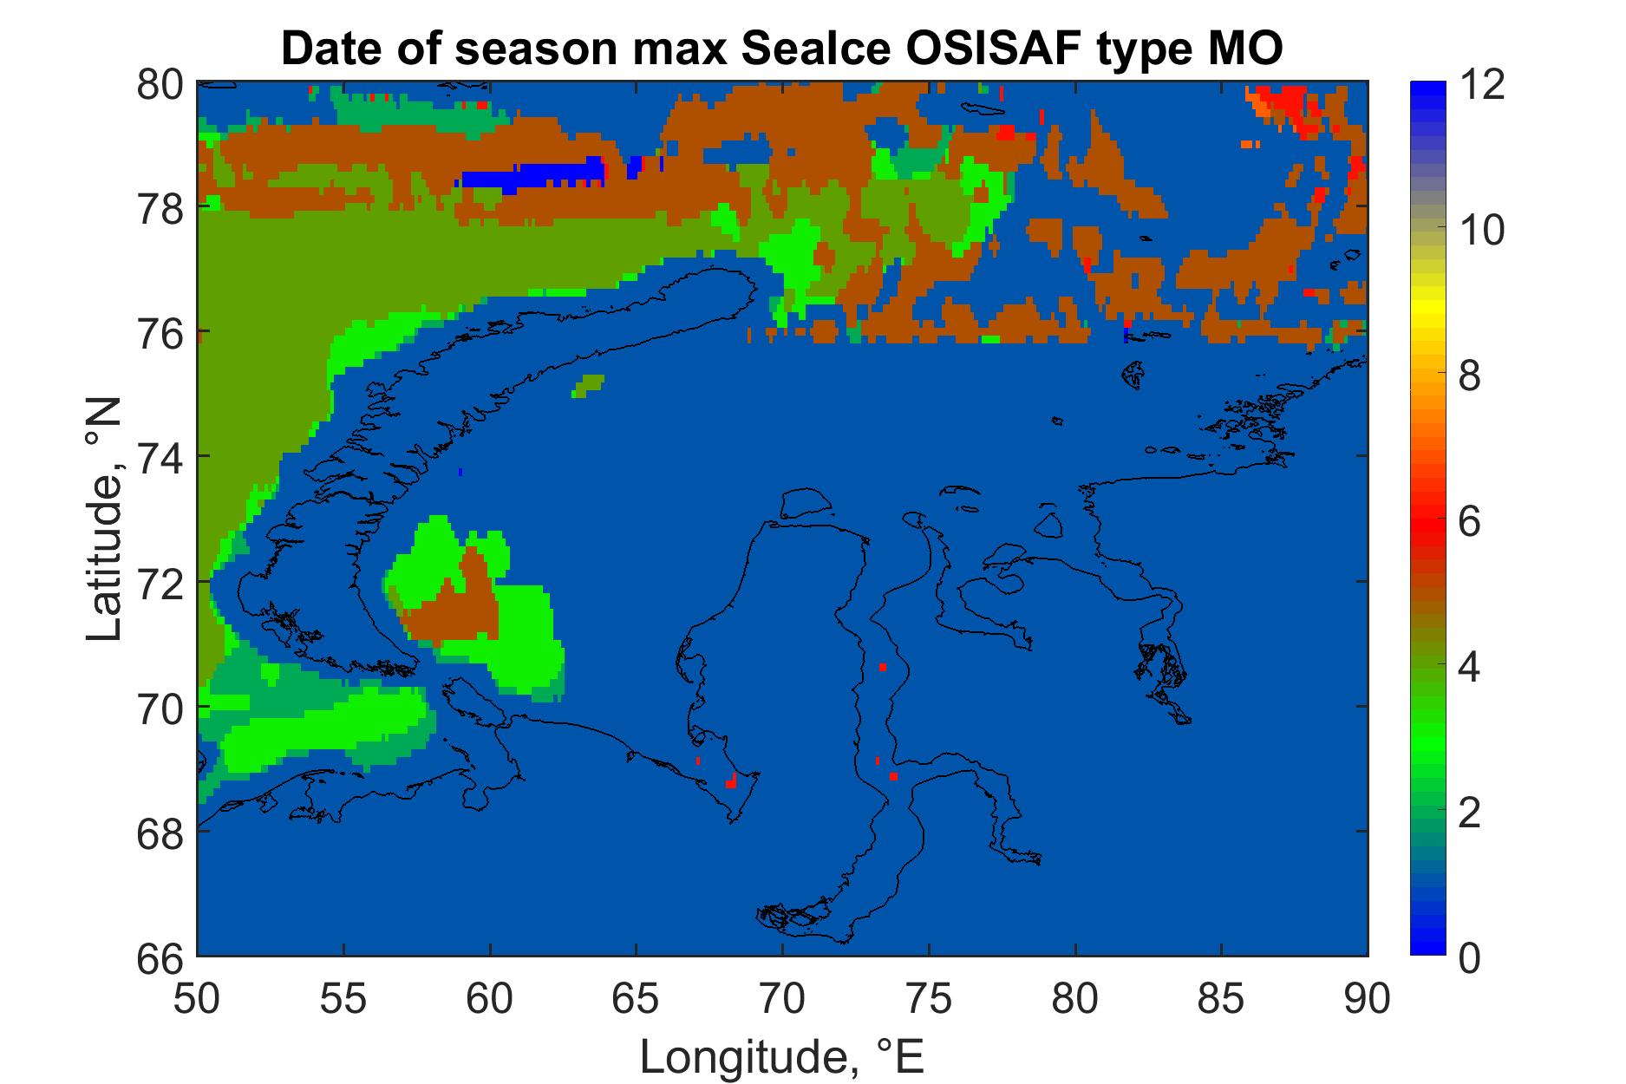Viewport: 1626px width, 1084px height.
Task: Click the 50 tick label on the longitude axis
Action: (198, 1000)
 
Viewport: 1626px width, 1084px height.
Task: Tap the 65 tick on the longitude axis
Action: (637, 1000)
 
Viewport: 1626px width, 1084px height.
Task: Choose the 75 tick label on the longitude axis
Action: (929, 1000)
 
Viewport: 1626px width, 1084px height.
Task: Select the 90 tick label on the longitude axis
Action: (1368, 1000)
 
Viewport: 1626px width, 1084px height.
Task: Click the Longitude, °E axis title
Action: (782, 1055)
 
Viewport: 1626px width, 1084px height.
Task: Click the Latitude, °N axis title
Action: (106, 519)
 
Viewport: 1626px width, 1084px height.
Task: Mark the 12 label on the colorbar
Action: (1482, 85)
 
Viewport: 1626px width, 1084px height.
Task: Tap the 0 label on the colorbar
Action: (1470, 958)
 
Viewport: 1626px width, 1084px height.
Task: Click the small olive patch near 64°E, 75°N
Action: (588, 385)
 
